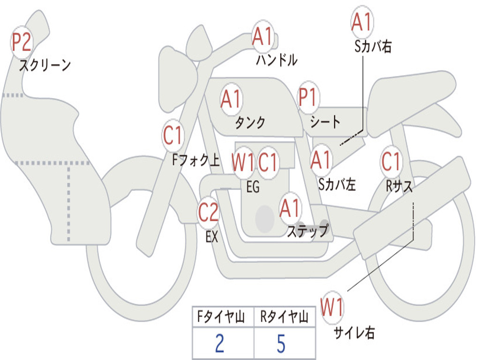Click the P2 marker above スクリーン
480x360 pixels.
[x=22, y=43]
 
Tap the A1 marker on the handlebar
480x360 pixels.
[x=262, y=37]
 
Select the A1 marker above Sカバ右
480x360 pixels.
[x=361, y=22]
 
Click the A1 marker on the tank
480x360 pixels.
[x=231, y=99]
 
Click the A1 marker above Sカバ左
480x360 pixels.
[x=322, y=160]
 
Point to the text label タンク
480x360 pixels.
[x=250, y=123]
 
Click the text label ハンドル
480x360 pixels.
[x=277, y=60]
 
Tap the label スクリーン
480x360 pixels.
[x=45, y=65]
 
